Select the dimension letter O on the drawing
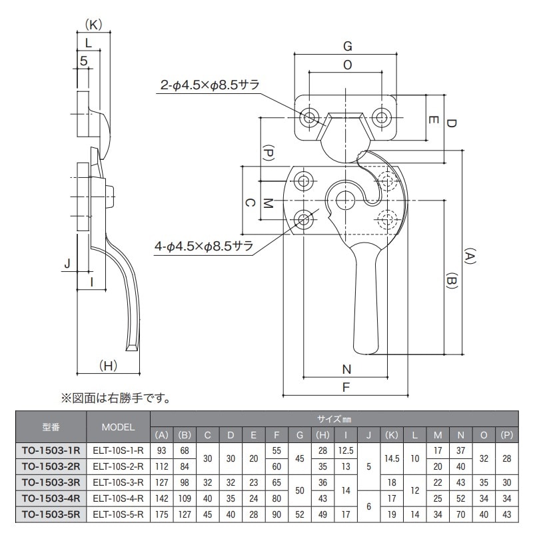[x=347, y=65]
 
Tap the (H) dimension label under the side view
[x=108, y=365]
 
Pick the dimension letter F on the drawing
[x=346, y=386]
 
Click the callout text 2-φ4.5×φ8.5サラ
[x=209, y=85]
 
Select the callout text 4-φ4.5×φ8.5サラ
[x=204, y=246]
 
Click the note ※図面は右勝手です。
[x=116, y=400]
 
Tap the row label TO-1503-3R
[x=51, y=481]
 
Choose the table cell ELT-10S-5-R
[x=119, y=514]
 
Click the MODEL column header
[x=119, y=427]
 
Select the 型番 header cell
[x=51, y=427]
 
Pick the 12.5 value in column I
[x=345, y=451]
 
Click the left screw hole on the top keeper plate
[x=310, y=118]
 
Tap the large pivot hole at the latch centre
[x=344, y=199]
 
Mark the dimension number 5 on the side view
[x=83, y=61]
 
